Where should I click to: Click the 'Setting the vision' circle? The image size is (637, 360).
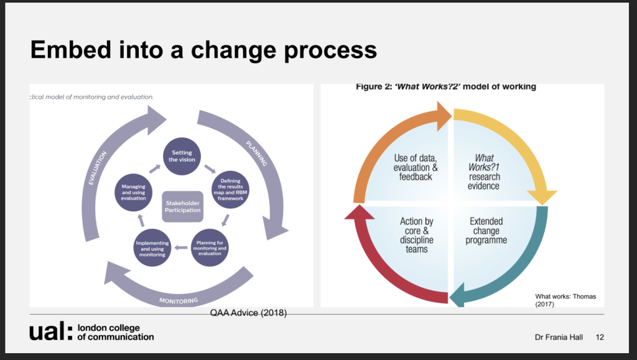(x=183, y=156)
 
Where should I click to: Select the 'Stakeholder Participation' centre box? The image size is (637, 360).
(x=182, y=206)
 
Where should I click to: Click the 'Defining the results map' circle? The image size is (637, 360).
(x=230, y=189)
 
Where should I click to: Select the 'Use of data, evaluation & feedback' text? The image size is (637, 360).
(x=416, y=167)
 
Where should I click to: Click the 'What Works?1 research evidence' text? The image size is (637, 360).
(x=485, y=172)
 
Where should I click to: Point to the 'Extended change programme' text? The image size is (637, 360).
(x=486, y=231)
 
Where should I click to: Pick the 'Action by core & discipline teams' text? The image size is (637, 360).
(x=417, y=236)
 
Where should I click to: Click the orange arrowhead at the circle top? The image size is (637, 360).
(x=442, y=114)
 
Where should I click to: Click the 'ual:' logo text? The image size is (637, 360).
(x=50, y=332)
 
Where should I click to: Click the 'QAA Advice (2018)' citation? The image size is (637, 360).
(x=248, y=312)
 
